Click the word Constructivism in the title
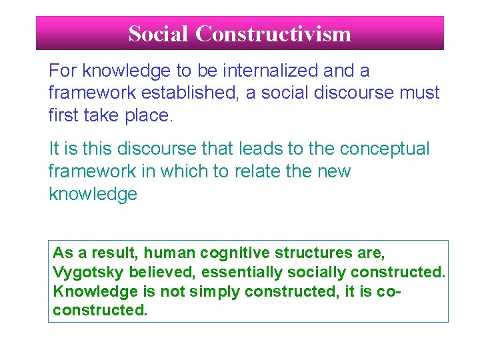(273, 33)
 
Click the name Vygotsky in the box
(83, 273)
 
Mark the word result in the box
(113, 253)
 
